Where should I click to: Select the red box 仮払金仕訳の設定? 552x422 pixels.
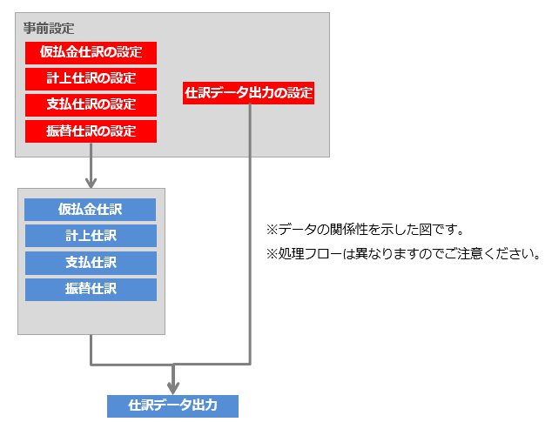(x=91, y=52)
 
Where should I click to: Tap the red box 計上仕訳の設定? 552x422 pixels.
(x=91, y=78)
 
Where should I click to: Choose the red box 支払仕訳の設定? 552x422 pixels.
(x=91, y=104)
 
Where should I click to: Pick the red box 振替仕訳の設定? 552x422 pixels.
(x=91, y=131)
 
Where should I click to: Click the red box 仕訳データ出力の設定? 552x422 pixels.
(x=249, y=92)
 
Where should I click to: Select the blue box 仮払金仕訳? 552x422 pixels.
(x=91, y=210)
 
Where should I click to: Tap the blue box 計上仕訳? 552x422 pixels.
(x=91, y=236)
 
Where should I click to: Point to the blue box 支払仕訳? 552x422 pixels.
(x=91, y=262)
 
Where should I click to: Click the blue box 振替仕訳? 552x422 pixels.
(x=91, y=289)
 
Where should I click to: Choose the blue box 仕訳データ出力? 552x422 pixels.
(x=172, y=405)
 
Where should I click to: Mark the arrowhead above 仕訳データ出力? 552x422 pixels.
(x=173, y=386)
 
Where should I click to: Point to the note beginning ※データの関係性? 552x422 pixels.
(x=364, y=231)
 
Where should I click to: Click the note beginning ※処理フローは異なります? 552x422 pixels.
(x=403, y=255)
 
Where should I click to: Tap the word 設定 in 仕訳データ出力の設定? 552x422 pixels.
(x=299, y=92)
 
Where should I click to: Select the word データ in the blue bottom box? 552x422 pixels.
(x=172, y=405)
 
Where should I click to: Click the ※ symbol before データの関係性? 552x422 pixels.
(x=271, y=231)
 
